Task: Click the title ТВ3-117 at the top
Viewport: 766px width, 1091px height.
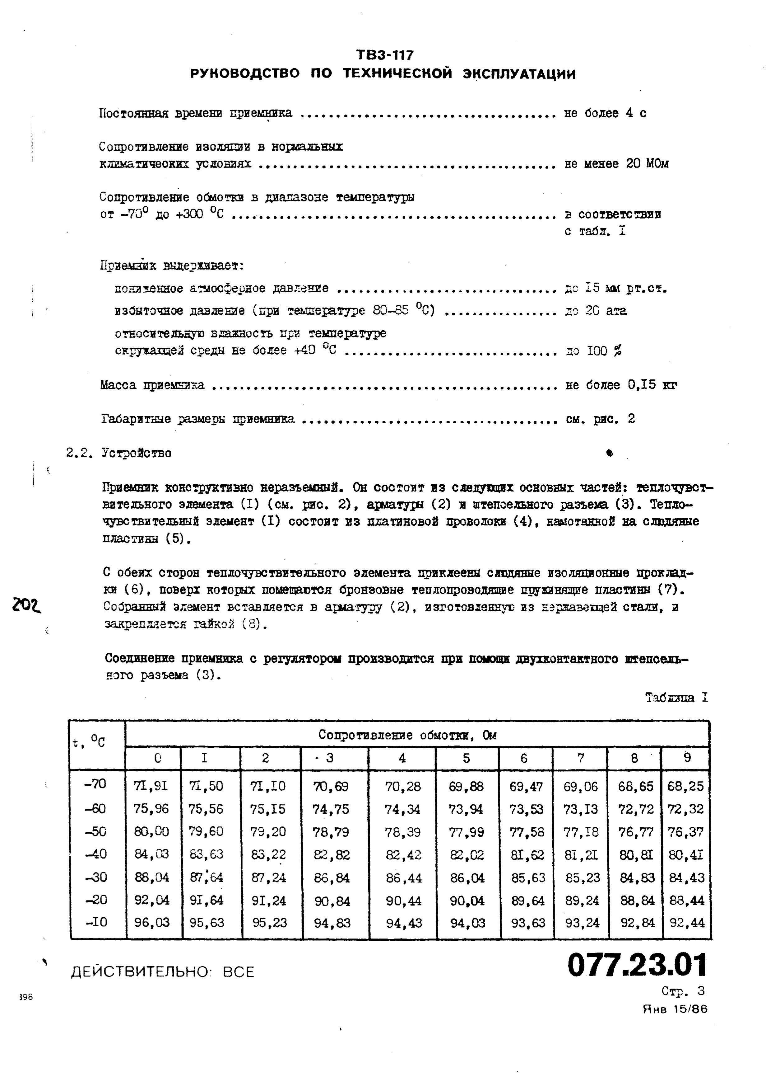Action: point(385,55)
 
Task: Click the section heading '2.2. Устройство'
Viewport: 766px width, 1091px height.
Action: point(119,453)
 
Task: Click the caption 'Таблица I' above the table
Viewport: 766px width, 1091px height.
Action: point(676,698)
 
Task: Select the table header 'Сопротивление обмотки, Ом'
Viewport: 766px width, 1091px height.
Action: point(407,735)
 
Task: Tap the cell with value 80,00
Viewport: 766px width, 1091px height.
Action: point(151,831)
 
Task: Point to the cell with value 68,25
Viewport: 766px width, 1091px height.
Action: point(685,786)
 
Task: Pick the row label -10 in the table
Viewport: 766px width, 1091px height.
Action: point(96,922)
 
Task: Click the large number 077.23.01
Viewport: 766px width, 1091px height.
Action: point(637,965)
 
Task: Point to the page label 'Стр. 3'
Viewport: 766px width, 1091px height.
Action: point(683,991)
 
